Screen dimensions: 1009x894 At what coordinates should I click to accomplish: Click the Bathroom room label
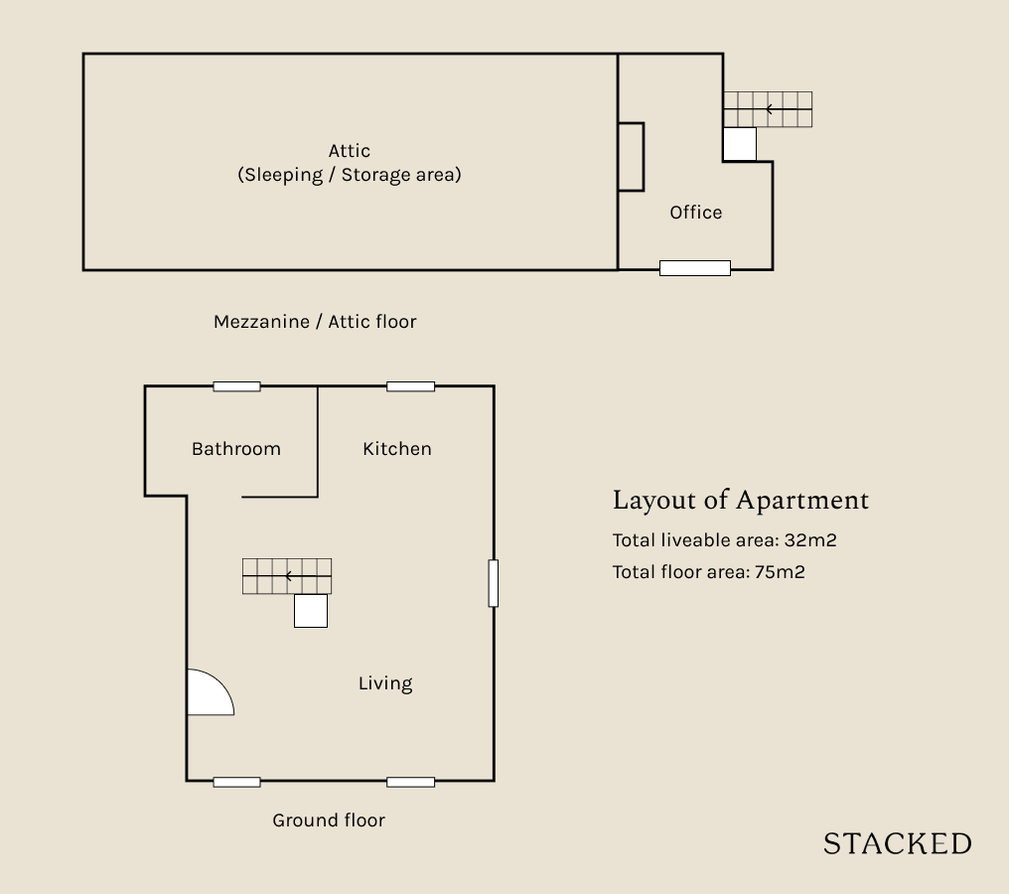click(x=236, y=449)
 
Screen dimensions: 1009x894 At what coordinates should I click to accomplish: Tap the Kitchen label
click(x=397, y=449)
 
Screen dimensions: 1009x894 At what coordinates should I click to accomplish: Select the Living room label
click(x=385, y=683)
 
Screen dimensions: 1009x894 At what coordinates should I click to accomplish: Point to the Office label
click(x=695, y=213)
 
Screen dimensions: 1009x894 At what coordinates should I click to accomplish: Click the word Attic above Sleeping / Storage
click(x=350, y=151)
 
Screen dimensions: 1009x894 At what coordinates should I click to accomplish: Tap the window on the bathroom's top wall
click(x=236, y=386)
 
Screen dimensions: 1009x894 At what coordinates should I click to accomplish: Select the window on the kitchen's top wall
click(x=410, y=386)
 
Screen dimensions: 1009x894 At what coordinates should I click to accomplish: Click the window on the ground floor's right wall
click(x=494, y=583)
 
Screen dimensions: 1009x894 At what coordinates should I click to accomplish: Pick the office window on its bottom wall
click(x=695, y=268)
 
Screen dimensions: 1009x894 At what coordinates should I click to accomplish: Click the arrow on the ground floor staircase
click(x=308, y=576)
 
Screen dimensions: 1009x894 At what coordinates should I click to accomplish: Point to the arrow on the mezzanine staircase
click(x=789, y=109)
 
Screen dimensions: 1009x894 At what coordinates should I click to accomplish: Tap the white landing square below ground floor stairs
click(x=311, y=610)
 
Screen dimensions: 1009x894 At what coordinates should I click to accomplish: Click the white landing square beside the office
click(x=740, y=143)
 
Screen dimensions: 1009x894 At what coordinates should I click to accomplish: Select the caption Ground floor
click(x=329, y=819)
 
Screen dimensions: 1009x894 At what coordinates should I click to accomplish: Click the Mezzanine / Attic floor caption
click(x=315, y=321)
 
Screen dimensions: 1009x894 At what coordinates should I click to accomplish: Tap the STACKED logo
click(x=898, y=843)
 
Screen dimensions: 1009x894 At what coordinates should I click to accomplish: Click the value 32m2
click(x=810, y=540)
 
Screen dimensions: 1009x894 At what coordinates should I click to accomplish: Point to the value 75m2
click(x=780, y=572)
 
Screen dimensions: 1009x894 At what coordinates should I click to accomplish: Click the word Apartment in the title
click(x=802, y=500)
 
